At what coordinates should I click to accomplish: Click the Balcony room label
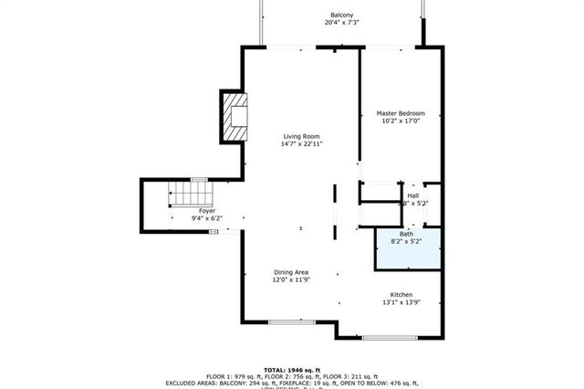342,16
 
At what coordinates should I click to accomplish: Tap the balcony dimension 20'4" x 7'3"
342,24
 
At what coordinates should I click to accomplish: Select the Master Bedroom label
401,113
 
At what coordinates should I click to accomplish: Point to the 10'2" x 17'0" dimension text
401,121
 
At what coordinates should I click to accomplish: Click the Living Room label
300,136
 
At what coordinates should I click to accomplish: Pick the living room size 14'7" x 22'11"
300,144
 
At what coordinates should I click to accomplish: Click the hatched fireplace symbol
235,117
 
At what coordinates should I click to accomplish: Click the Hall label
412,195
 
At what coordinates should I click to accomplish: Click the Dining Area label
291,272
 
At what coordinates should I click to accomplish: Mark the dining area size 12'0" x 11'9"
291,280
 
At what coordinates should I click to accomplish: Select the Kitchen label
401,294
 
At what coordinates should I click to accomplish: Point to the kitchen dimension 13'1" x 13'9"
401,302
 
